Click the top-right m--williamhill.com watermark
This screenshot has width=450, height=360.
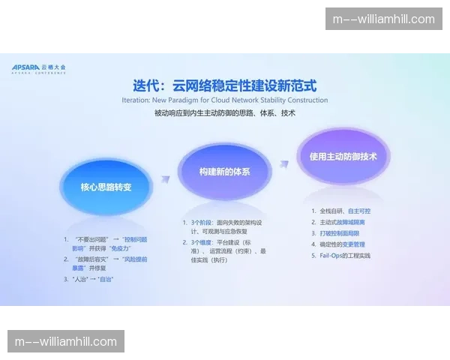coord(383,19)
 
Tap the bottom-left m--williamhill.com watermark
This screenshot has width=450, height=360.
coord(66,342)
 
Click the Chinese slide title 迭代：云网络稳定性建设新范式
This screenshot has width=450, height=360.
coord(224,85)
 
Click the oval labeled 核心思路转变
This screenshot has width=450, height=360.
coord(106,187)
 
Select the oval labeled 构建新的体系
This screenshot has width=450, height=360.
coord(224,172)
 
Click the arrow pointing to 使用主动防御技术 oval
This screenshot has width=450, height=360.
coord(283,163)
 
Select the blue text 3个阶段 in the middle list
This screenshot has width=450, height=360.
coord(200,223)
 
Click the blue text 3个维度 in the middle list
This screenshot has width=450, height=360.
coord(200,243)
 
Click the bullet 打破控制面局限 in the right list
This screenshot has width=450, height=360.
coord(342,233)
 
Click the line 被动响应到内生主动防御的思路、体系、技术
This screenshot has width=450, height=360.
coord(224,114)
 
